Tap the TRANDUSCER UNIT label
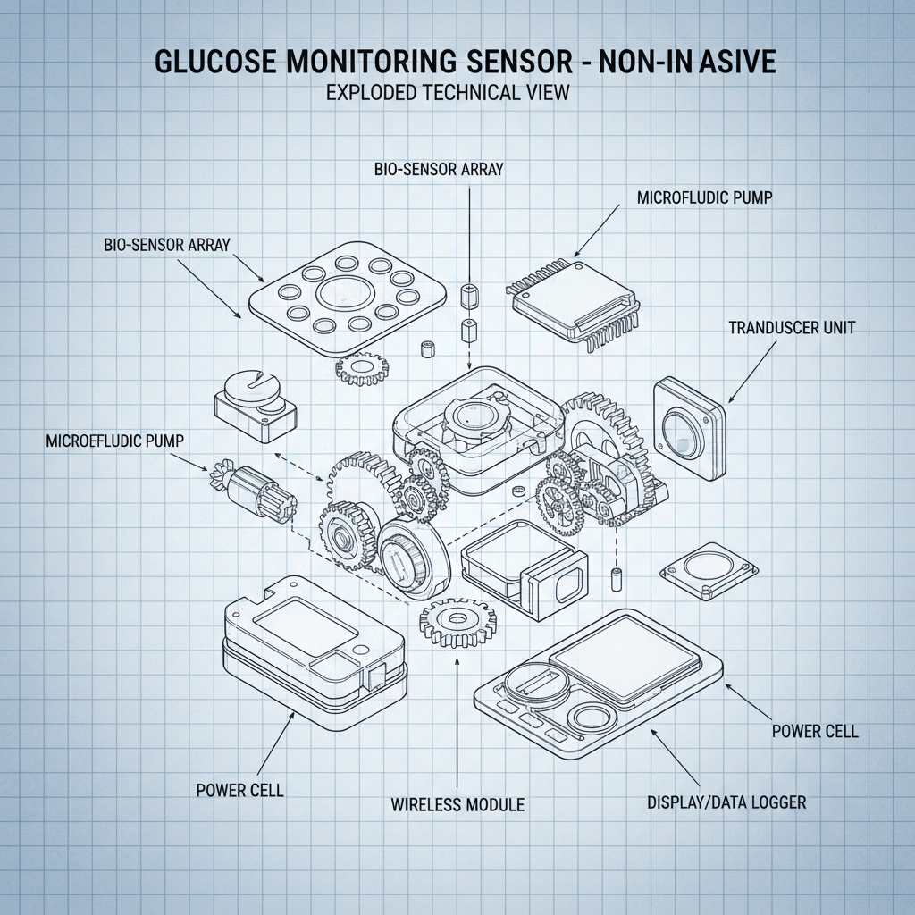tap(791, 328)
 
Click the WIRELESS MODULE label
tap(457, 805)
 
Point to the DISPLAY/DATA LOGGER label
tap(726, 802)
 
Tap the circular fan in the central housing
tap(472, 416)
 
